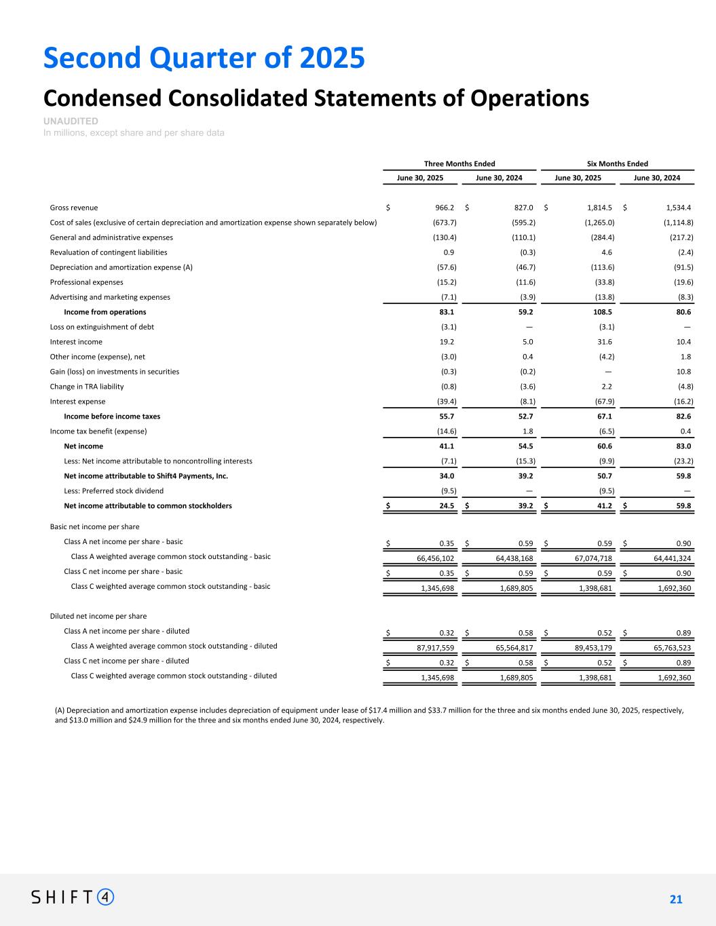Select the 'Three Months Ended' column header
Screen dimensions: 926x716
click(x=459, y=163)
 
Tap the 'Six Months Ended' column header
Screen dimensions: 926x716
click(x=617, y=163)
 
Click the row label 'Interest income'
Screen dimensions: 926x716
click(x=76, y=342)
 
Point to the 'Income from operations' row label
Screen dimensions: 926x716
click(x=105, y=312)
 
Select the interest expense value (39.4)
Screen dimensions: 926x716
click(x=445, y=402)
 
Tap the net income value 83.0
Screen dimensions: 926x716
click(x=683, y=446)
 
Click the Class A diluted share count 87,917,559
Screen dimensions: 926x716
click(x=435, y=648)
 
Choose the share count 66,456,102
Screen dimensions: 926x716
click(x=435, y=558)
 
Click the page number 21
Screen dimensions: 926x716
click(x=676, y=900)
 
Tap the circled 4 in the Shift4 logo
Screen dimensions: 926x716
click(x=106, y=897)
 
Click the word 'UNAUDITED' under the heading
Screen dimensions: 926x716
click(x=71, y=121)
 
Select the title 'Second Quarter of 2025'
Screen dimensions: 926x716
click(x=204, y=58)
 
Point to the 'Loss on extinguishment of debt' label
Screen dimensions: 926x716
click(x=102, y=327)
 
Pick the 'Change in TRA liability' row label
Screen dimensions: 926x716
click(x=87, y=387)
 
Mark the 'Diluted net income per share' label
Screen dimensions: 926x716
click(x=98, y=617)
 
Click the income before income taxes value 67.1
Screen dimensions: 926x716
click(x=606, y=417)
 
